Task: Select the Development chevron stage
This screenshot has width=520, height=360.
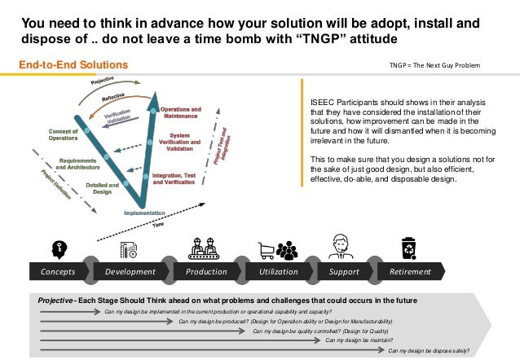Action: (130, 271)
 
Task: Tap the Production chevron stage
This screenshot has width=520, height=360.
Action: (205, 271)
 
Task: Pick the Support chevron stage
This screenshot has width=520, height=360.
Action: (343, 271)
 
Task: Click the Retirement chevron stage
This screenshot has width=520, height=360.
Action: (410, 271)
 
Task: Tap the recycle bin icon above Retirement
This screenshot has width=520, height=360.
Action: (408, 247)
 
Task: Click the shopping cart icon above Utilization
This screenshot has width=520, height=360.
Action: (267, 249)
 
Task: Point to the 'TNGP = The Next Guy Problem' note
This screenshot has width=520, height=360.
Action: (436, 65)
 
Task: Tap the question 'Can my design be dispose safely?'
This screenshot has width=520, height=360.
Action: (429, 351)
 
